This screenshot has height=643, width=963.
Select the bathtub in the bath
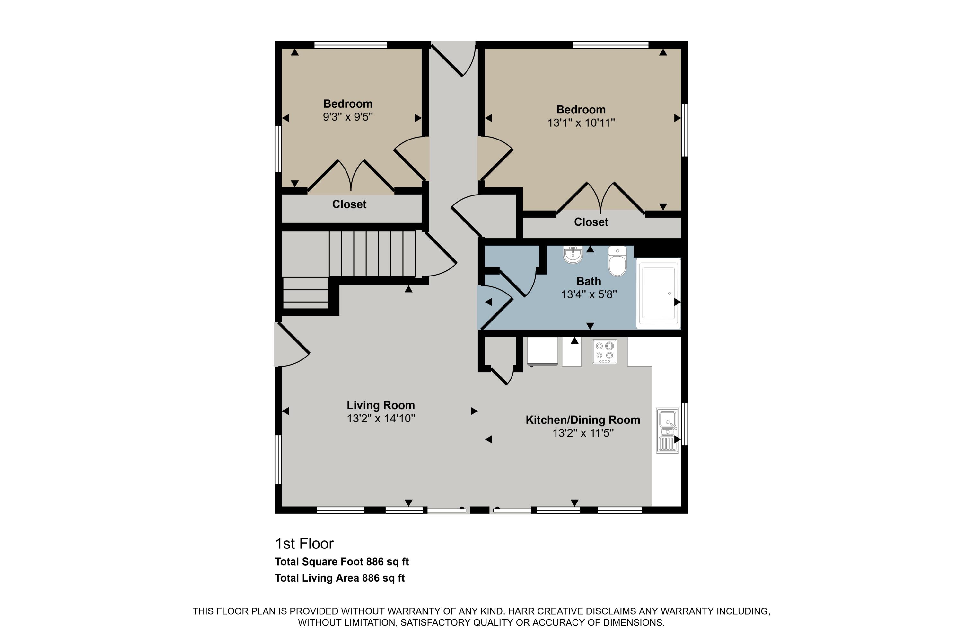(658, 294)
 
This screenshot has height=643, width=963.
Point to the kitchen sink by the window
(667, 430)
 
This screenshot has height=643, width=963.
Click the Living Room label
(381, 405)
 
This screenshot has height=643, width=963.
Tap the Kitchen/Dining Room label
(582, 420)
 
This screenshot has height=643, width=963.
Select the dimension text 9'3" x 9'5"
(348, 117)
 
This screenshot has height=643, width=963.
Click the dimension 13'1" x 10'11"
(581, 122)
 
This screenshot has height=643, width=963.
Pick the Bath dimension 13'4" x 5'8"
(589, 294)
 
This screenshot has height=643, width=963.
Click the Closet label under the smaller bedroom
(349, 204)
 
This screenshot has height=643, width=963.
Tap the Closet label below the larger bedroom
(591, 222)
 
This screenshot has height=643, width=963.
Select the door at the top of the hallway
(453, 59)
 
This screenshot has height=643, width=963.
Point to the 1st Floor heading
(304, 544)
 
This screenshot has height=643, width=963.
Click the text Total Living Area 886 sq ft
(339, 578)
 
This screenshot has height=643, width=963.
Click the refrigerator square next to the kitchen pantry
(542, 351)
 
